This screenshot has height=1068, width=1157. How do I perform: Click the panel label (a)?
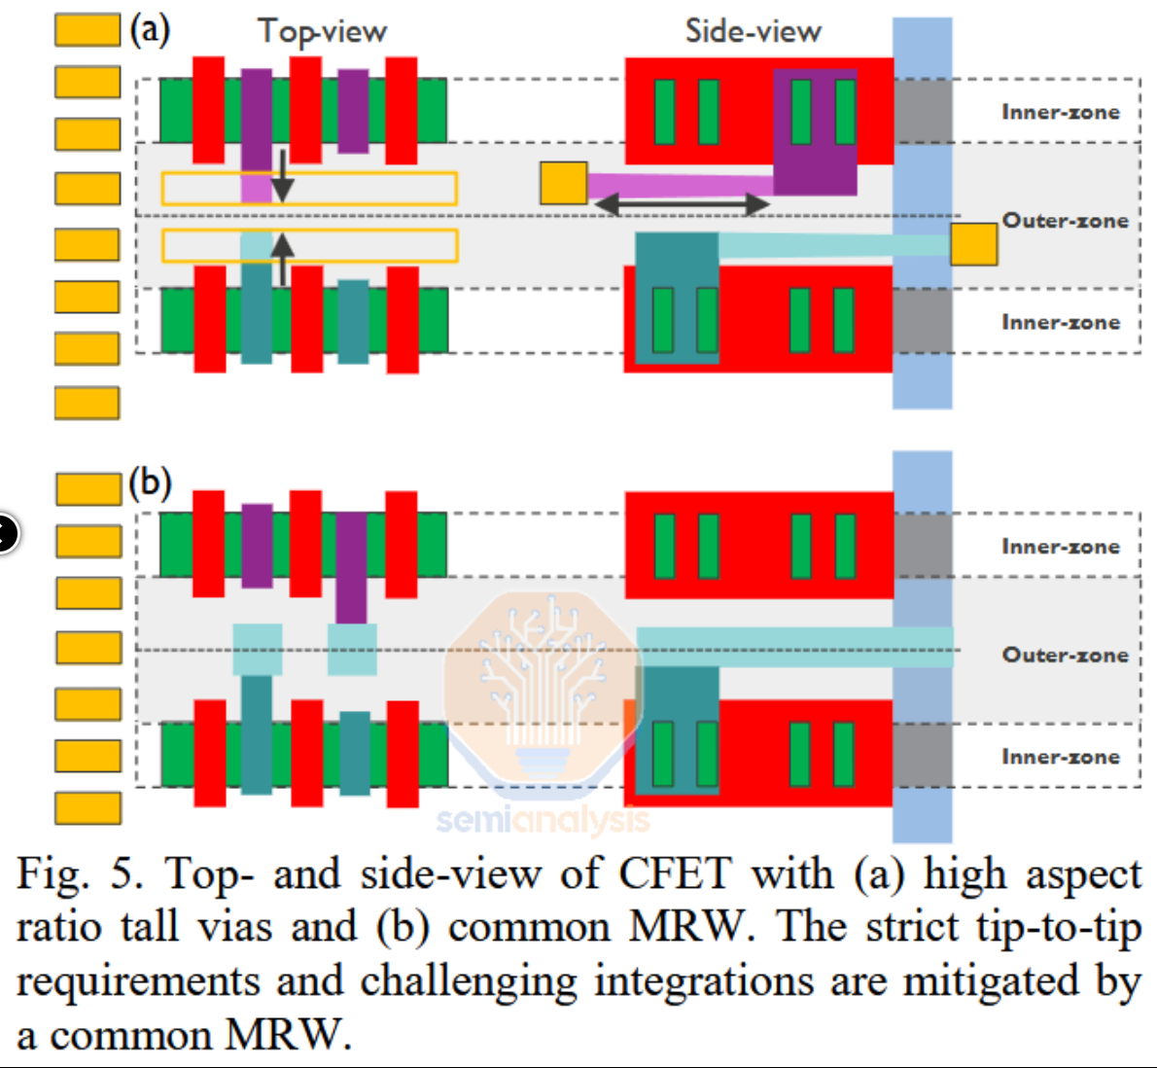pyautogui.click(x=150, y=30)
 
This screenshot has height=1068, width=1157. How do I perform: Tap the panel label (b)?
pyautogui.click(x=150, y=482)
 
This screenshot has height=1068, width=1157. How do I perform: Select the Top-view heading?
pyautogui.click(x=322, y=32)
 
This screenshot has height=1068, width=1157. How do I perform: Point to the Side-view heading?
pyautogui.click(x=753, y=31)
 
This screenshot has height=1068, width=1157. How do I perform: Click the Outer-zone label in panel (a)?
pyautogui.click(x=1065, y=221)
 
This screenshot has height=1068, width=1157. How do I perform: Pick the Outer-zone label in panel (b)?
pyautogui.click(x=1065, y=655)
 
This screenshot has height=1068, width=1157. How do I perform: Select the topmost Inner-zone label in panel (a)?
pyautogui.click(x=1061, y=112)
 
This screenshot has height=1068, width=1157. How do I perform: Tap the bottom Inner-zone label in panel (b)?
pyautogui.click(x=1061, y=757)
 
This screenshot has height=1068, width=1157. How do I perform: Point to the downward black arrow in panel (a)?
pyautogui.click(x=282, y=175)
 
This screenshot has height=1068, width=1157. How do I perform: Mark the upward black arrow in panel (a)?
pyautogui.click(x=282, y=258)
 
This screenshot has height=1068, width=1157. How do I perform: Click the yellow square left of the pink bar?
pyautogui.click(x=564, y=183)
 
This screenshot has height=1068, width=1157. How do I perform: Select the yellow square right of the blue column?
pyautogui.click(x=973, y=244)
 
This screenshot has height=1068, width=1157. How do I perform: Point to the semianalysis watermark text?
pyautogui.click(x=542, y=820)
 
